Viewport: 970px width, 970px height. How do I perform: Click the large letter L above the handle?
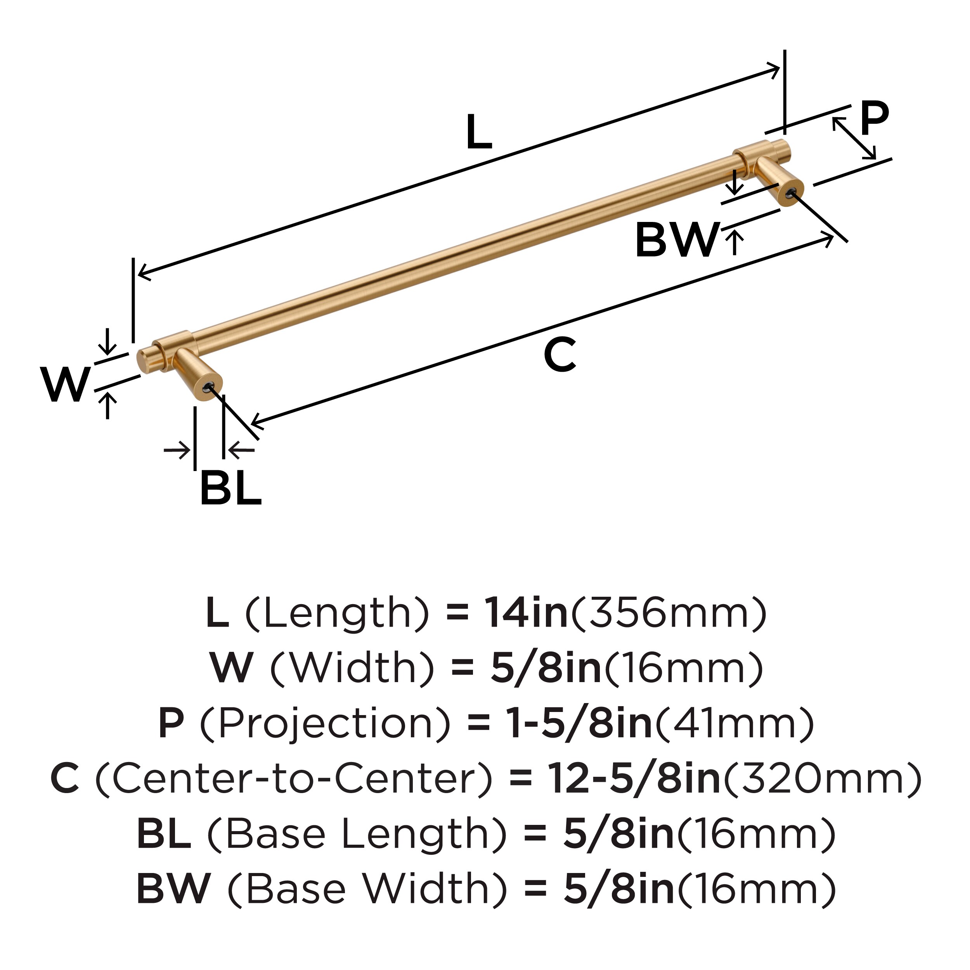478,133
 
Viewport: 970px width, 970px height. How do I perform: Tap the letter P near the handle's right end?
874,118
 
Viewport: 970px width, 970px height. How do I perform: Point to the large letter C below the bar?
559,355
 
